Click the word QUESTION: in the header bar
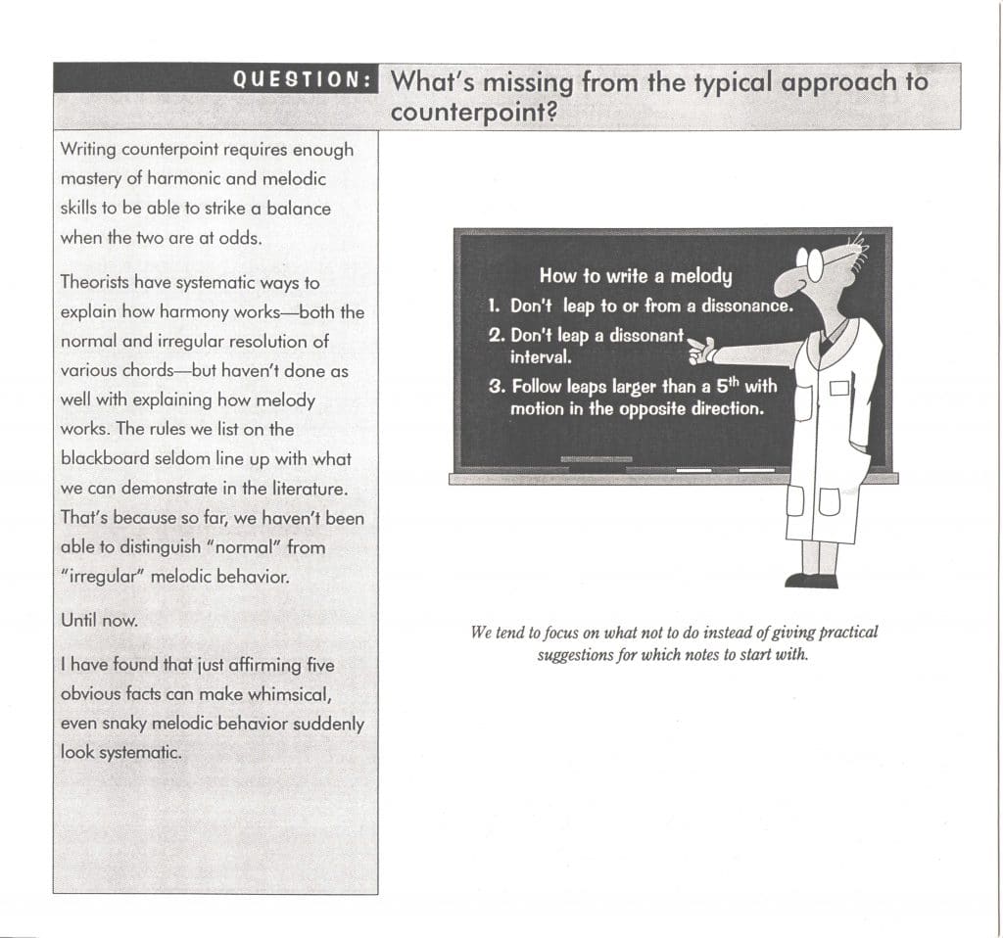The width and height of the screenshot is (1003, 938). click(303, 79)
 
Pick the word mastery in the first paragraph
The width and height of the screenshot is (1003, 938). click(87, 179)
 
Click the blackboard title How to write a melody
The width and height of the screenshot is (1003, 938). click(635, 275)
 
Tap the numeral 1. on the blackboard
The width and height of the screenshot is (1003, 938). click(495, 305)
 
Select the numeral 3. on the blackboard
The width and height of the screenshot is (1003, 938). click(496, 386)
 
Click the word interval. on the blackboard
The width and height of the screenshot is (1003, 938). click(541, 356)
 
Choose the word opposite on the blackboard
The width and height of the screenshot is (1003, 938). click(654, 408)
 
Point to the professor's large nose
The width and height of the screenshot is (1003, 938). click(789, 284)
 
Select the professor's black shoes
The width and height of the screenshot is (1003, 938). click(811, 580)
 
